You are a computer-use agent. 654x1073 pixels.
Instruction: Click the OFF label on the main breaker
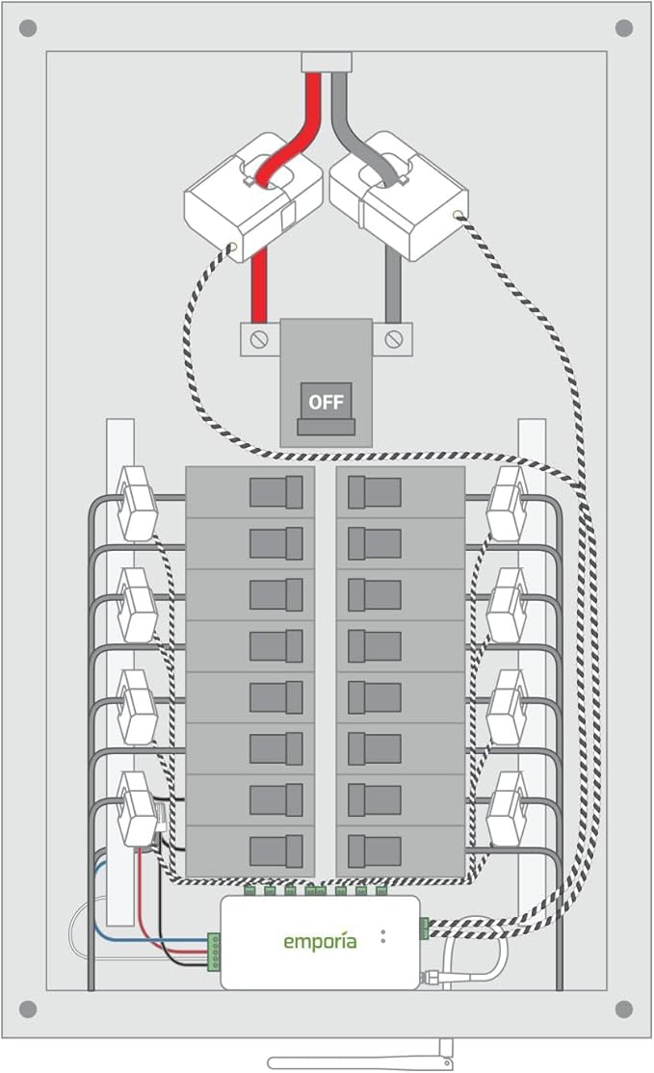(326, 401)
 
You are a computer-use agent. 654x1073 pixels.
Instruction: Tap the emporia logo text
(319, 940)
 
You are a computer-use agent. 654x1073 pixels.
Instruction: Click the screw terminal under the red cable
(258, 339)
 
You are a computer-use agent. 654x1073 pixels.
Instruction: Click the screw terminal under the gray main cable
(393, 339)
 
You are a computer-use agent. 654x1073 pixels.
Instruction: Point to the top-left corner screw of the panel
(28, 28)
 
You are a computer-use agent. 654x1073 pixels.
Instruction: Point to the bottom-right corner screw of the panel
(624, 1008)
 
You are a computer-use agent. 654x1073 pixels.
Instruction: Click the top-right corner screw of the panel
(624, 28)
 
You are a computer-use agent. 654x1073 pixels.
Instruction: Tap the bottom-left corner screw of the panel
(28, 1008)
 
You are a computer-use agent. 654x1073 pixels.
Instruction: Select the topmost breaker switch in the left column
(276, 491)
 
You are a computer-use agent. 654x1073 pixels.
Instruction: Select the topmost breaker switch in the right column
(375, 491)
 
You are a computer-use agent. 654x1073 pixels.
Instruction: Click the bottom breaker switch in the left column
(276, 851)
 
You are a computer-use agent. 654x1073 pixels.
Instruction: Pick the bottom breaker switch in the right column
(375, 851)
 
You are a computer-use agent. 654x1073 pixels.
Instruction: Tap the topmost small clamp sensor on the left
(136, 502)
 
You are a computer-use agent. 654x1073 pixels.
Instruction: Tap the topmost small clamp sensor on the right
(508, 502)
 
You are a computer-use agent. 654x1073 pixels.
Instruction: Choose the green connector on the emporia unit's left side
(214, 949)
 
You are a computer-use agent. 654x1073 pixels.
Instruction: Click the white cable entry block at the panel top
(327, 63)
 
